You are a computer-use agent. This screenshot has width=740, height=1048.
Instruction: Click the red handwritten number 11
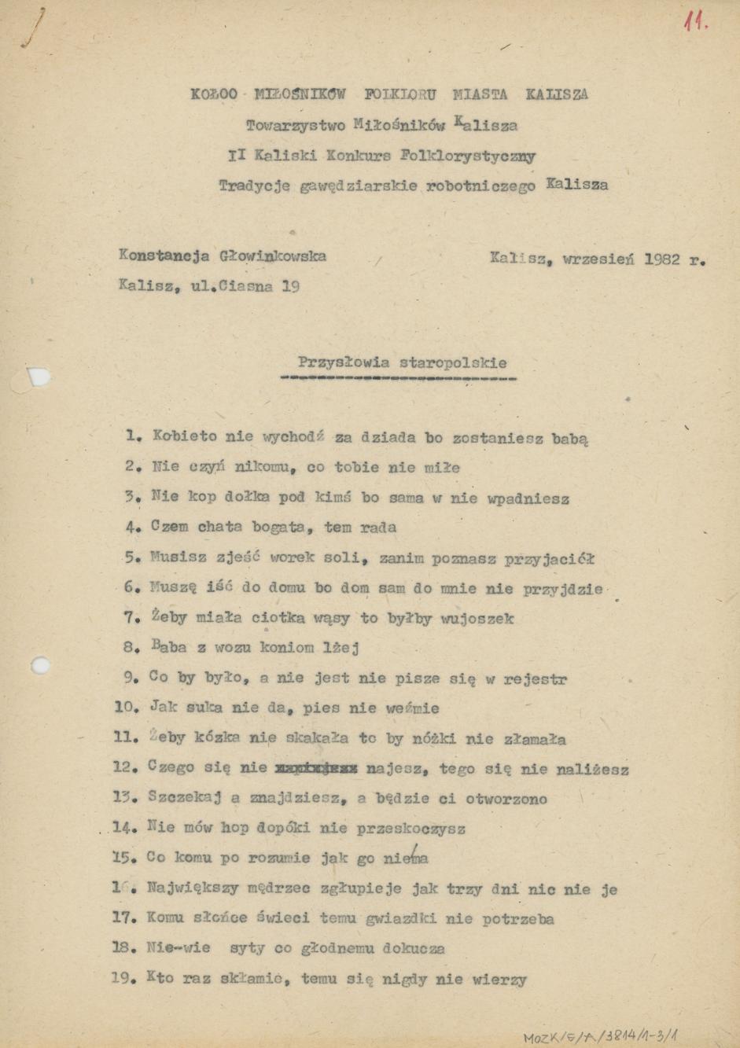(x=695, y=21)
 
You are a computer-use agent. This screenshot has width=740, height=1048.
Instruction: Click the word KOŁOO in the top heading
(x=213, y=94)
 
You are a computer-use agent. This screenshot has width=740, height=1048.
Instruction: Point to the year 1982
(x=661, y=259)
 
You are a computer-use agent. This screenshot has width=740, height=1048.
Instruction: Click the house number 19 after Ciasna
(x=289, y=286)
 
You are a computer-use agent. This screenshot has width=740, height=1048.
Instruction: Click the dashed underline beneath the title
(x=398, y=378)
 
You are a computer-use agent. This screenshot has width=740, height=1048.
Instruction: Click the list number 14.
(x=125, y=828)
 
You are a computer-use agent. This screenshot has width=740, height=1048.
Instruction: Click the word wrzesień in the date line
(x=598, y=259)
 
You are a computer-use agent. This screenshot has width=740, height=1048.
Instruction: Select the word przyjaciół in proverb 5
(x=549, y=559)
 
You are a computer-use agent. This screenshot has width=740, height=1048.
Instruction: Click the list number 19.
(x=124, y=980)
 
